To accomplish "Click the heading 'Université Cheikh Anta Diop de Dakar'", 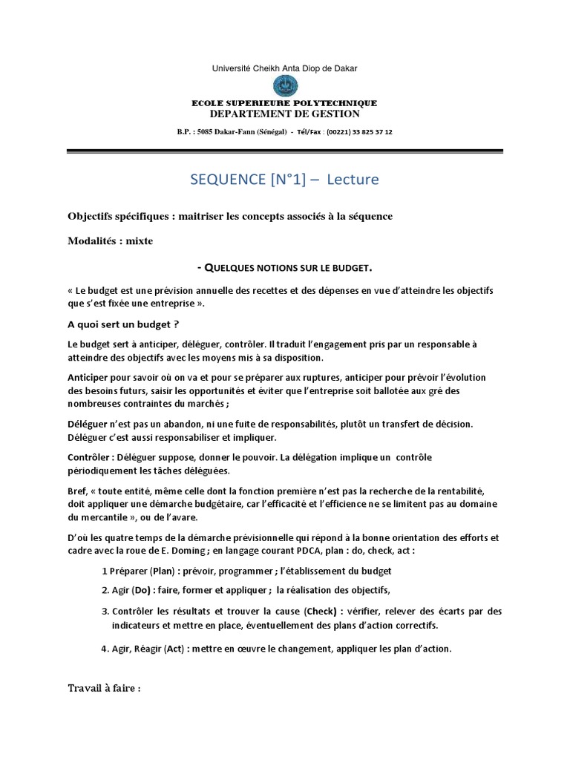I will tap(284, 68).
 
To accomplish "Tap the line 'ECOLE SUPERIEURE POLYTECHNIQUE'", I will tap(285, 103).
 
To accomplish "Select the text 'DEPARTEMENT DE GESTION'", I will tap(285, 114).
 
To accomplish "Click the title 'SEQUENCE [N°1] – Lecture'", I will tap(285, 179).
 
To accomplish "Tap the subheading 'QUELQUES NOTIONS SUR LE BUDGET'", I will tap(289, 267).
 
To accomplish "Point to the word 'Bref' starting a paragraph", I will tap(77, 491).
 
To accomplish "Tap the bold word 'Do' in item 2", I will tap(141, 591).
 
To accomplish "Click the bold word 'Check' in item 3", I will tap(321, 612).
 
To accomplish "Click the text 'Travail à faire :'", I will tap(104, 688).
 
